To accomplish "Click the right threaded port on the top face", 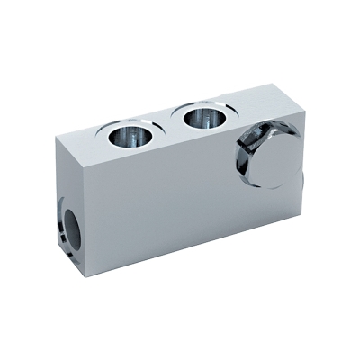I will tap(200, 118).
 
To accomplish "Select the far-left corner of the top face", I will tap(55, 135).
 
